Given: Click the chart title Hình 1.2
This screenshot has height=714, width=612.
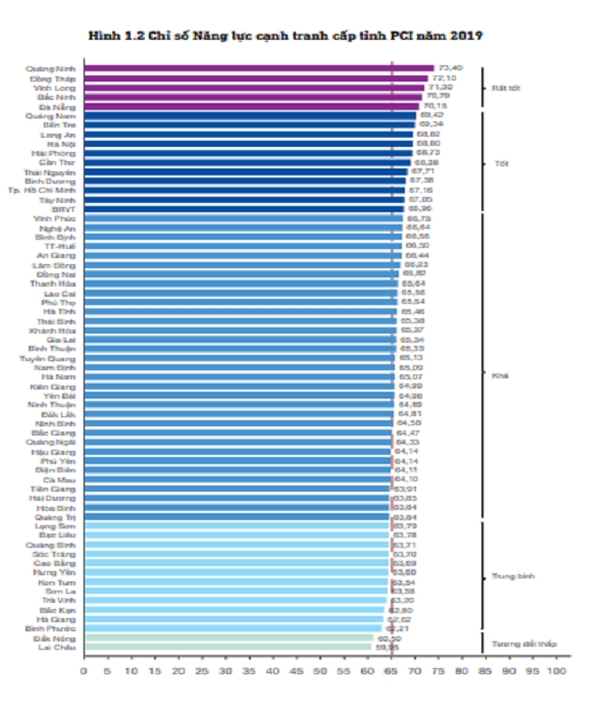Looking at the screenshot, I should (285, 36).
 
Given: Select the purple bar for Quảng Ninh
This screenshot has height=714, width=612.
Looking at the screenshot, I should (259, 68).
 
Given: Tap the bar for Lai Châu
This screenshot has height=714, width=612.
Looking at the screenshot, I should (228, 647).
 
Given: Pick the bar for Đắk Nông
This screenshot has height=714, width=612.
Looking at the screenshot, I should (229, 638).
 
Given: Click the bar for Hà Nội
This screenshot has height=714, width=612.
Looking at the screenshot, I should (249, 144).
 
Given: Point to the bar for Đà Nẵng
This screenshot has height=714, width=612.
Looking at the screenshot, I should (251, 107).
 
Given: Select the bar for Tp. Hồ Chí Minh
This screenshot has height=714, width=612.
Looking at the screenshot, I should (244, 190).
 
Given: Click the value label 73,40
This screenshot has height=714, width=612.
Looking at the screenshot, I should (451, 68).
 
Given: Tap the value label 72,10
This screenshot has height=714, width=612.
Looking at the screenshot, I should (444, 78).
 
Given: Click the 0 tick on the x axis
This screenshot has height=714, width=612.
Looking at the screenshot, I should (84, 671).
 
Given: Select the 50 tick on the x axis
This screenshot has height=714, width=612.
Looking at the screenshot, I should (320, 671).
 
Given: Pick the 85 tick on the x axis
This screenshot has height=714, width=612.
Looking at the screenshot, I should (485, 671).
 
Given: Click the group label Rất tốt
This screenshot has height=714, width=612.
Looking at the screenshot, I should (506, 88).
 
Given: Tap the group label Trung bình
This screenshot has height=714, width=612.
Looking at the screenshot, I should (513, 576).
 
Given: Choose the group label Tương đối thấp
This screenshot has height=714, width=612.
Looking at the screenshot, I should (524, 644).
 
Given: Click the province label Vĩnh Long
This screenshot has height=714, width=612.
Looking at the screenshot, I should (54, 88).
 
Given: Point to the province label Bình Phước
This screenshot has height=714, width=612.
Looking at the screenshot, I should (50, 628).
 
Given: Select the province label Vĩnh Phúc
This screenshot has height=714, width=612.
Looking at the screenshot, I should (54, 219).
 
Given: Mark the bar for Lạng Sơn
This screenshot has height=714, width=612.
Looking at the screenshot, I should (236, 526).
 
